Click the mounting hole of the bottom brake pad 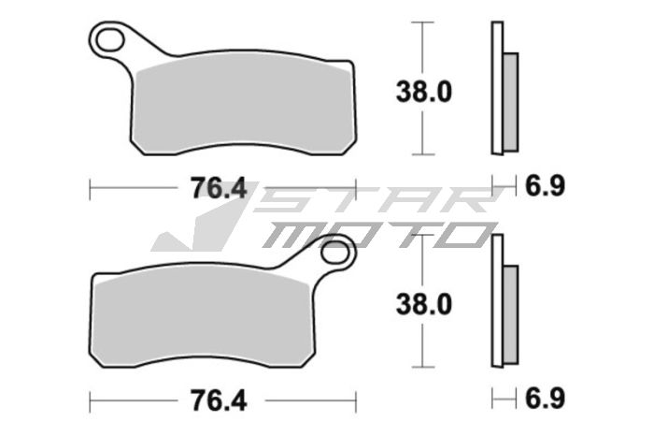pos(335,252)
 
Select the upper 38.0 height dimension pos(425,91)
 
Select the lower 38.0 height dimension pos(425,304)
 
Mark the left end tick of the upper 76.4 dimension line pos(89,188)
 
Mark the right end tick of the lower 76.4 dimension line pos(356,400)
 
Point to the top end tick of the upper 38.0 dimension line pos(424,22)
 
